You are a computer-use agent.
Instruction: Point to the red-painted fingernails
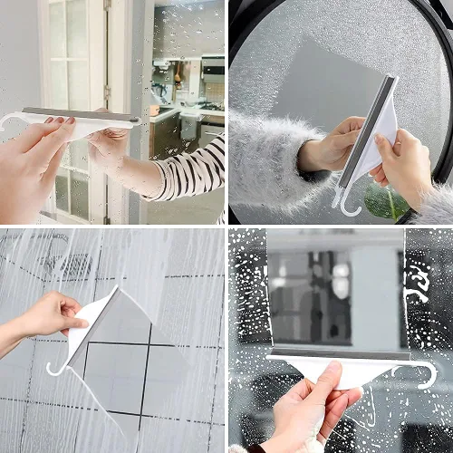tap(67, 120)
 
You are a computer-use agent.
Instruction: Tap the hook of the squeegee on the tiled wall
tap(56, 368)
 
